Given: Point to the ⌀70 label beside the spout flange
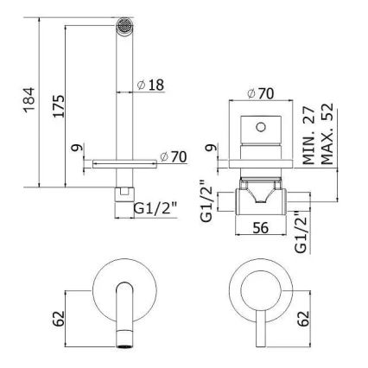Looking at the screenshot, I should click(x=173, y=157).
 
